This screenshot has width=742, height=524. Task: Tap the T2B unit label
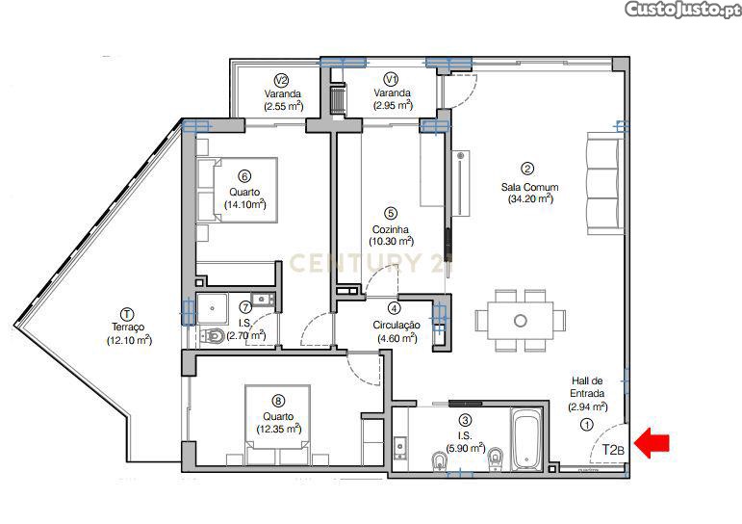pos(613,449)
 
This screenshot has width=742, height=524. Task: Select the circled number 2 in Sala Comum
pos(526,169)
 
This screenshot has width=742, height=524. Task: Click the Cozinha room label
pos(391,229)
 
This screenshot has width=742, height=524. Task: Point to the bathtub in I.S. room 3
pos(526,440)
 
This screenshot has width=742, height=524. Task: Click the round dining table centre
pos(520,321)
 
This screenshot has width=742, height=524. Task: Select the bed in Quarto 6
pos(237,190)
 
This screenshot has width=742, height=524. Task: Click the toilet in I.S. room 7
pos(212,336)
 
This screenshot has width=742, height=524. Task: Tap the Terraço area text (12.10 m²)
pos(129,340)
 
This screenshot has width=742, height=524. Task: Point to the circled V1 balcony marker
pos(392,78)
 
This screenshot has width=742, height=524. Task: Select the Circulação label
pos(397,325)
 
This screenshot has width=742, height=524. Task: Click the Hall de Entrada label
pos(587,386)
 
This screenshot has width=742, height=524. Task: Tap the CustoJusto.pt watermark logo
pos(682,10)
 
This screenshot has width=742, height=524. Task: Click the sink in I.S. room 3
pos(400,446)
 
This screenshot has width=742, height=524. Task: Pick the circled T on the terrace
pos(127,314)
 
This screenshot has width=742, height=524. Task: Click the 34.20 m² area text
pos(530,199)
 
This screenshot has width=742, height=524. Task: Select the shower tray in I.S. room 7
pos(213,308)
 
